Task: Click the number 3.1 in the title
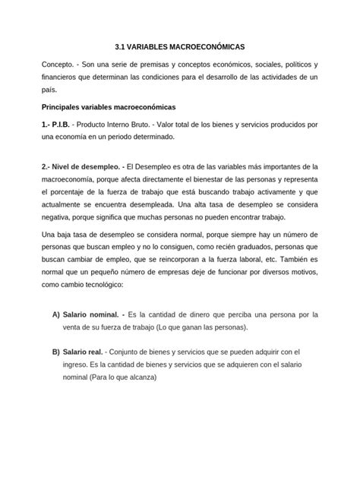117,46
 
